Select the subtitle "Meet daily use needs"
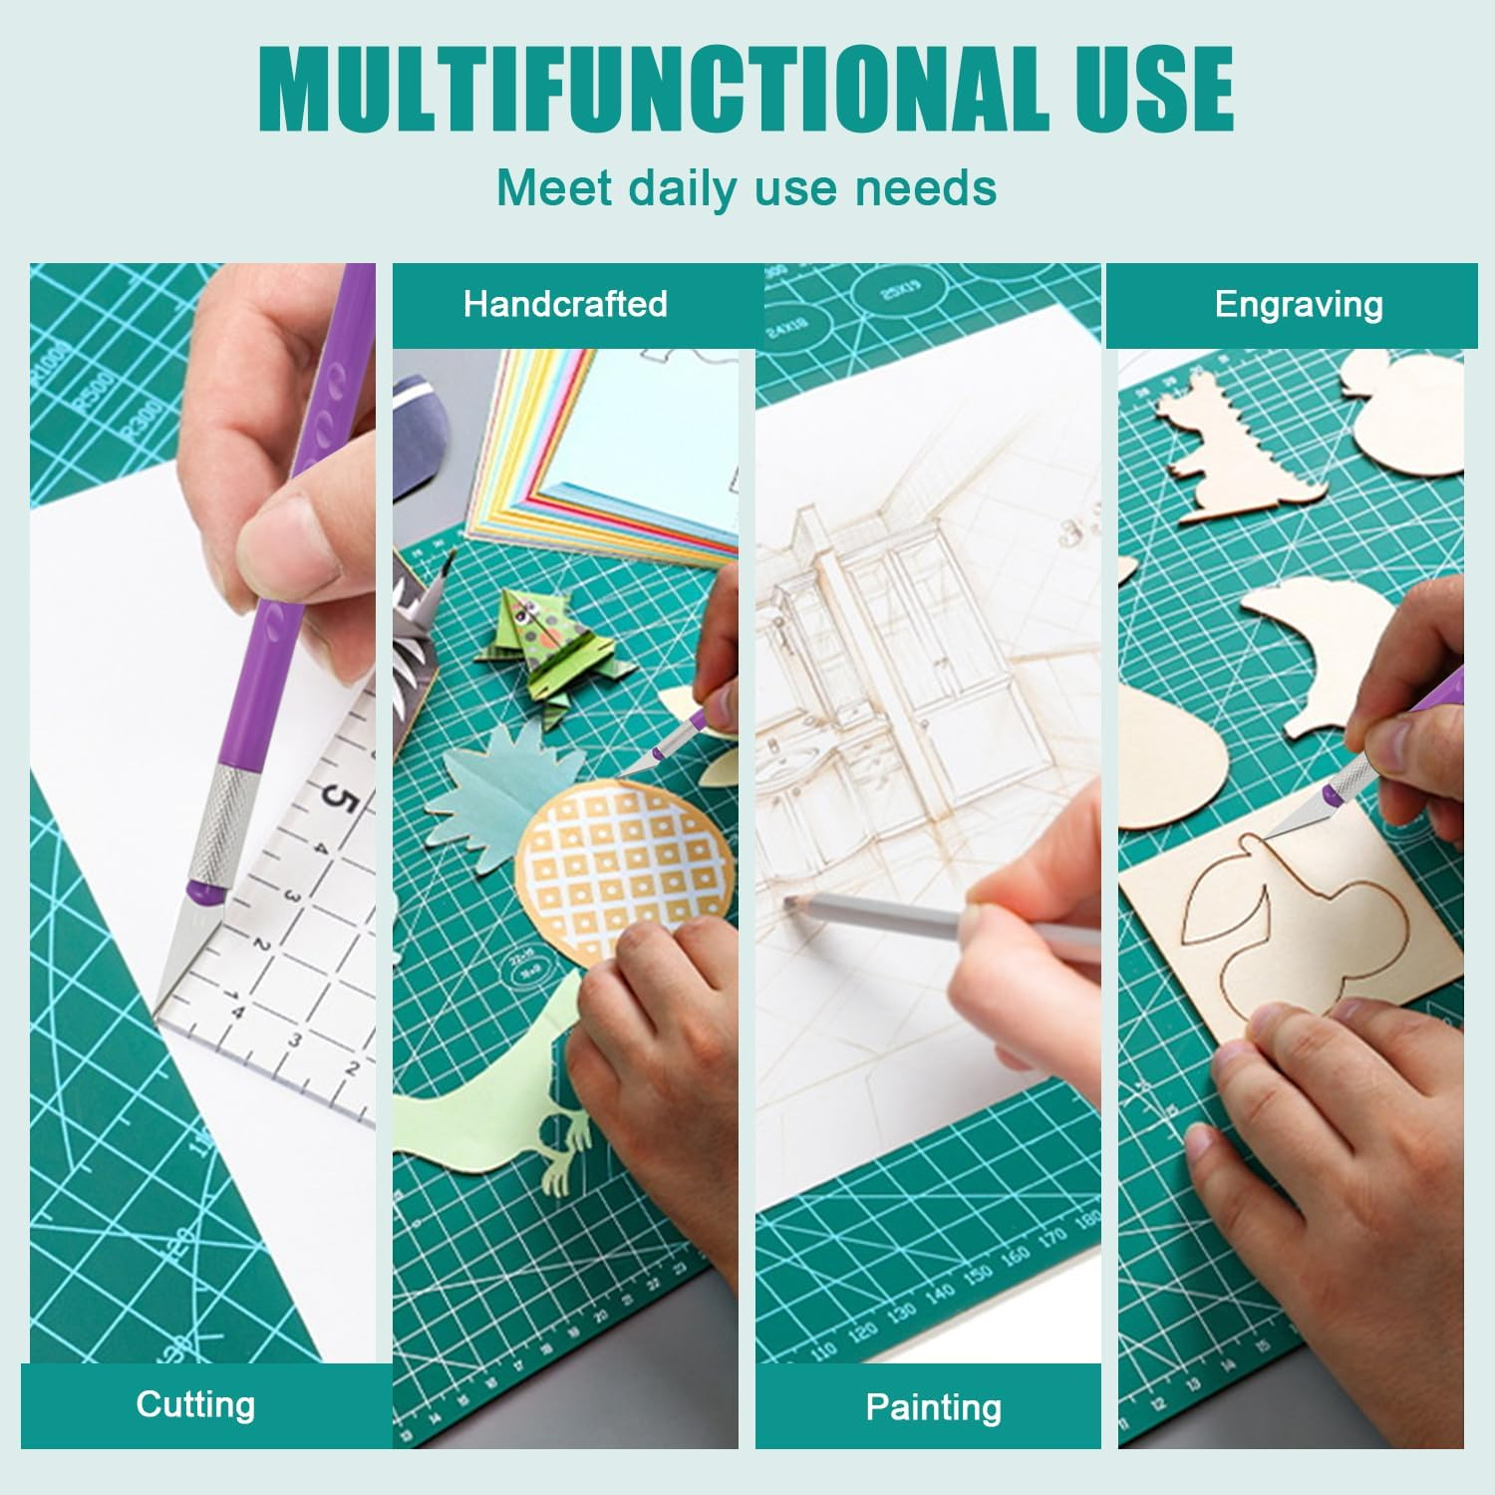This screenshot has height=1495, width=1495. tap(747, 187)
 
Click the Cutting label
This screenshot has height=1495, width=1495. tap(196, 1404)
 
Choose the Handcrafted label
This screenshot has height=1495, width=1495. tap(565, 304)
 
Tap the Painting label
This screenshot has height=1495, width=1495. tap(933, 1406)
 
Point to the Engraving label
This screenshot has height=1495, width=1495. tap(1299, 304)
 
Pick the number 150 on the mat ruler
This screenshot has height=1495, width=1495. tap(980, 1275)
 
